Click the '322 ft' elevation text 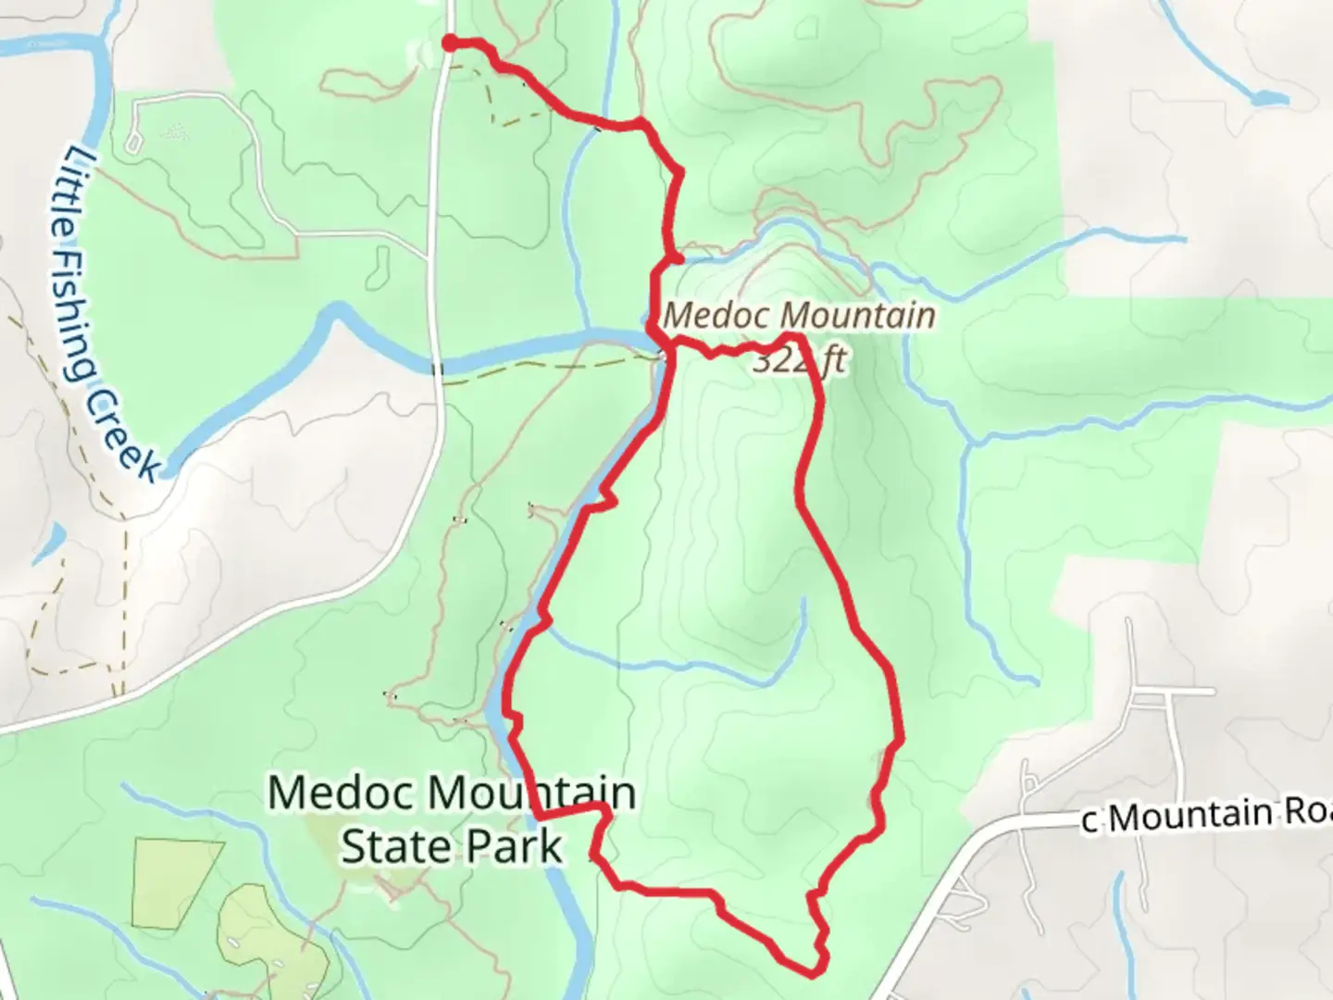click(798, 359)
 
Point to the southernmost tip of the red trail click(811, 973)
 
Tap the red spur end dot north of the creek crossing click(678, 259)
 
